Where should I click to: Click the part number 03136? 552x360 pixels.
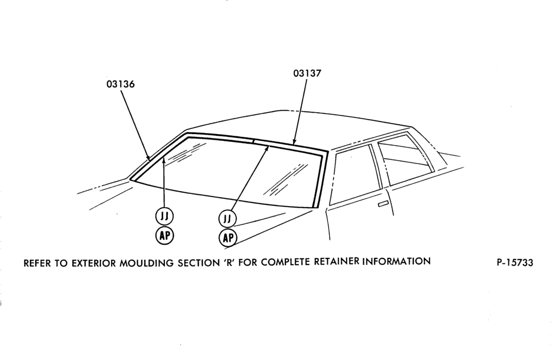(120, 84)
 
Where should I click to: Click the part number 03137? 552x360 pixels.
(307, 73)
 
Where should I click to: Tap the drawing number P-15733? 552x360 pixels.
(515, 262)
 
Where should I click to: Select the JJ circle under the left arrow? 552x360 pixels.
(164, 216)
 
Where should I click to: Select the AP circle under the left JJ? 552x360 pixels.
(164, 235)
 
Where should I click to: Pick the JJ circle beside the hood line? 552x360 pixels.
(228, 219)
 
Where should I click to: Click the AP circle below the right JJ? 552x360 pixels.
(228, 238)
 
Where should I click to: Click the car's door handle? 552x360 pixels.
(382, 204)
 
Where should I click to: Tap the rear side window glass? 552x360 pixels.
(405, 159)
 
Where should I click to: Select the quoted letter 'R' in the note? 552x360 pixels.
(230, 262)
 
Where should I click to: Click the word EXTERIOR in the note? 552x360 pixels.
(94, 263)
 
